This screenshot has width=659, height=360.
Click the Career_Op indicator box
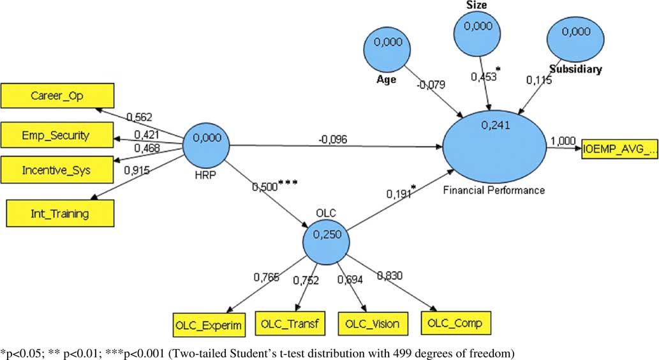coord(58,96)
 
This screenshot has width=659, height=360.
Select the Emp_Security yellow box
coord(58,135)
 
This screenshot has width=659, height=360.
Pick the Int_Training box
coord(61,213)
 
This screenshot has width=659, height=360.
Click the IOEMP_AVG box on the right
coord(618,149)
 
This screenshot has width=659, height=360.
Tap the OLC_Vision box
coord(373,324)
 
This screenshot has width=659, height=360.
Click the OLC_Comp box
coord(455,322)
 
